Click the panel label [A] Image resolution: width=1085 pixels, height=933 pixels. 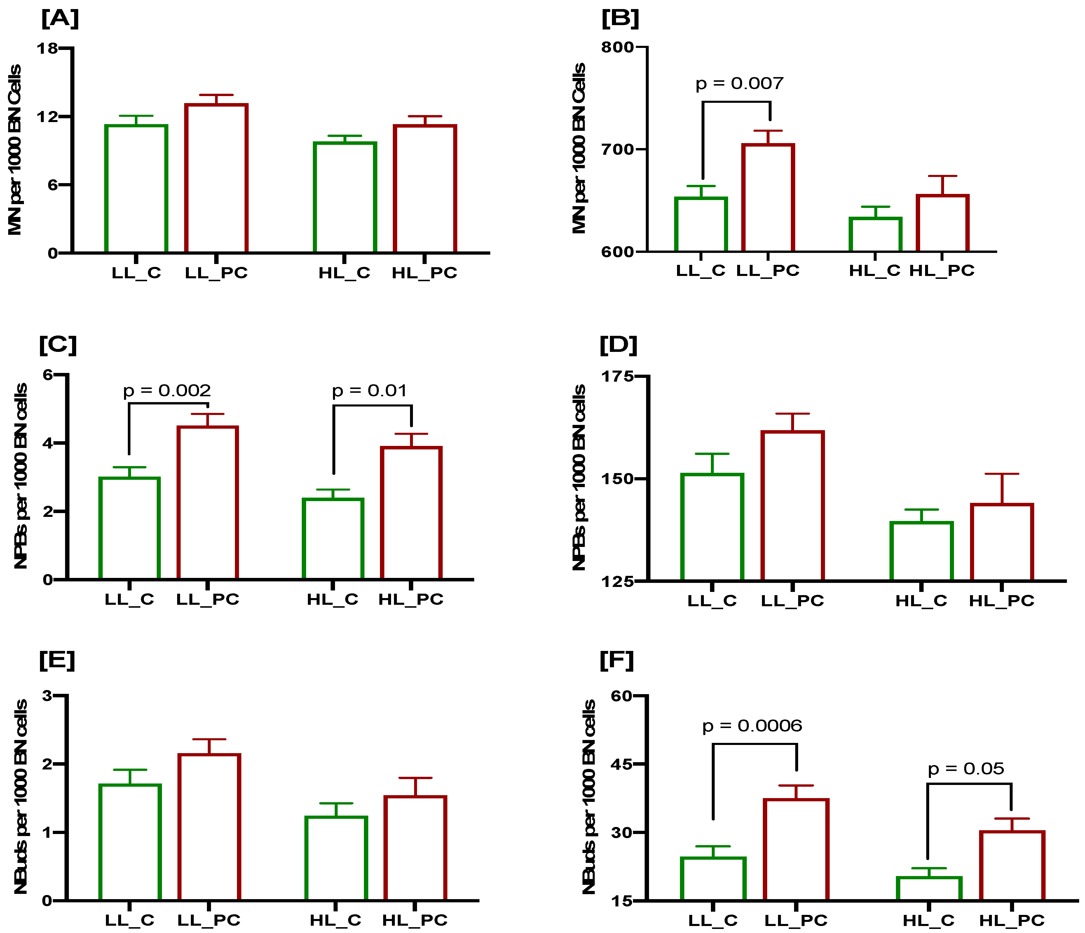[x=60, y=19]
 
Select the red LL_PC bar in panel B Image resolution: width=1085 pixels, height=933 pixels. [x=768, y=198]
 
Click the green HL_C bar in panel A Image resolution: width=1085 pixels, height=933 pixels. [x=345, y=197]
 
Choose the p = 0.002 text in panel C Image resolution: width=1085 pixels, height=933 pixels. [x=167, y=390]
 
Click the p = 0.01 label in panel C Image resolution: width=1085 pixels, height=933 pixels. [x=369, y=390]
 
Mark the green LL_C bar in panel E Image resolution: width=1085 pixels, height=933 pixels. [x=130, y=843]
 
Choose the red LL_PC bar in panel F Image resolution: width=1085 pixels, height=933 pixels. [x=796, y=850]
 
